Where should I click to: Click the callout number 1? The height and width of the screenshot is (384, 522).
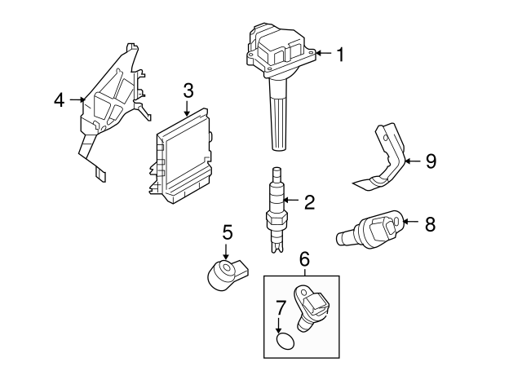tap(340, 55)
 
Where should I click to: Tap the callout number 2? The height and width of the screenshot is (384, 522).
tap(308, 201)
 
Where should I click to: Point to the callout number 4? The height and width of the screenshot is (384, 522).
tap(59, 100)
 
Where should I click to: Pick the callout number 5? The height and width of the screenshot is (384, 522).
tap(228, 232)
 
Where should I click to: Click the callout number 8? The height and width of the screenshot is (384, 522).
tap(431, 221)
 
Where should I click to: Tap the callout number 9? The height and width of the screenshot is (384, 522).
tap(431, 161)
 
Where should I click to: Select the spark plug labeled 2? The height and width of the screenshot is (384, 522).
tap(277, 208)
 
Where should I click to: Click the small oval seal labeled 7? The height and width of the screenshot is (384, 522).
tap(283, 340)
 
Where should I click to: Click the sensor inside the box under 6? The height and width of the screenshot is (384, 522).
tap(311, 311)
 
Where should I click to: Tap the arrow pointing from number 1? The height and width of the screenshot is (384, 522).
tap(323, 55)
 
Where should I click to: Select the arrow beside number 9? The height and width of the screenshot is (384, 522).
tap(413, 161)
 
